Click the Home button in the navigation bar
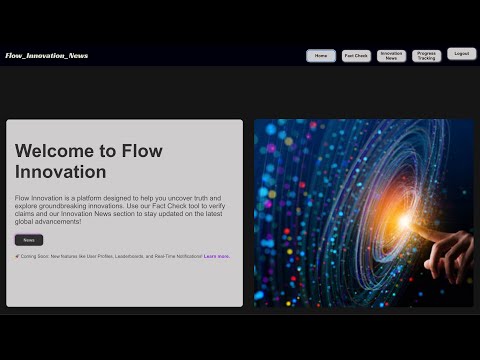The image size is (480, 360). coord(321,56)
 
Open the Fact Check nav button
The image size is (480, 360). coord(356,56)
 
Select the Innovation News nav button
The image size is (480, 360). coord(392,56)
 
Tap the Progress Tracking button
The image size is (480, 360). coord(426,56)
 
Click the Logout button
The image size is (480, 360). coord(461,54)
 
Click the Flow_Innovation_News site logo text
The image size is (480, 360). coord(46,56)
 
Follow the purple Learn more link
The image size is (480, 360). coord(216,256)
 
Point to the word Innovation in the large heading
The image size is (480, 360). coord(60,172)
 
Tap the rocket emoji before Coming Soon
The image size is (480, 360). coord(17,256)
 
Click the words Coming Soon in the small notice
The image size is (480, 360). coord(34,256)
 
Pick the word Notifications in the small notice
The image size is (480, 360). coord(184,256)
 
